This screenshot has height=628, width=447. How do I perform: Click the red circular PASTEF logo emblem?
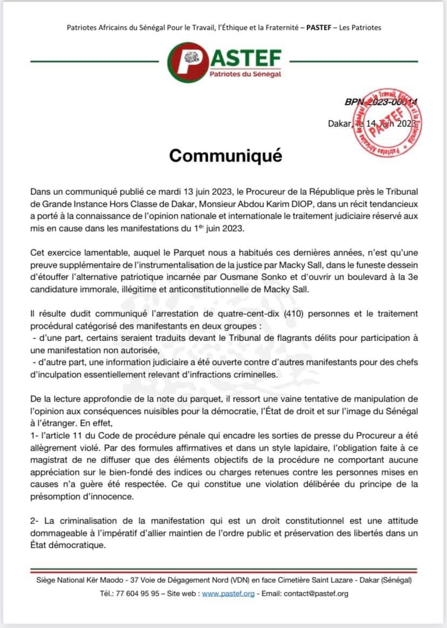[x=187, y=62]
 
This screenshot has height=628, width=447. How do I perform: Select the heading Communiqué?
[x=226, y=155]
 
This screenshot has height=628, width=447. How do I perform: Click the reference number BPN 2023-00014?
[x=380, y=101]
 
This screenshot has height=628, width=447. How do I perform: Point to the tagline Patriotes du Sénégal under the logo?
[x=245, y=74]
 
